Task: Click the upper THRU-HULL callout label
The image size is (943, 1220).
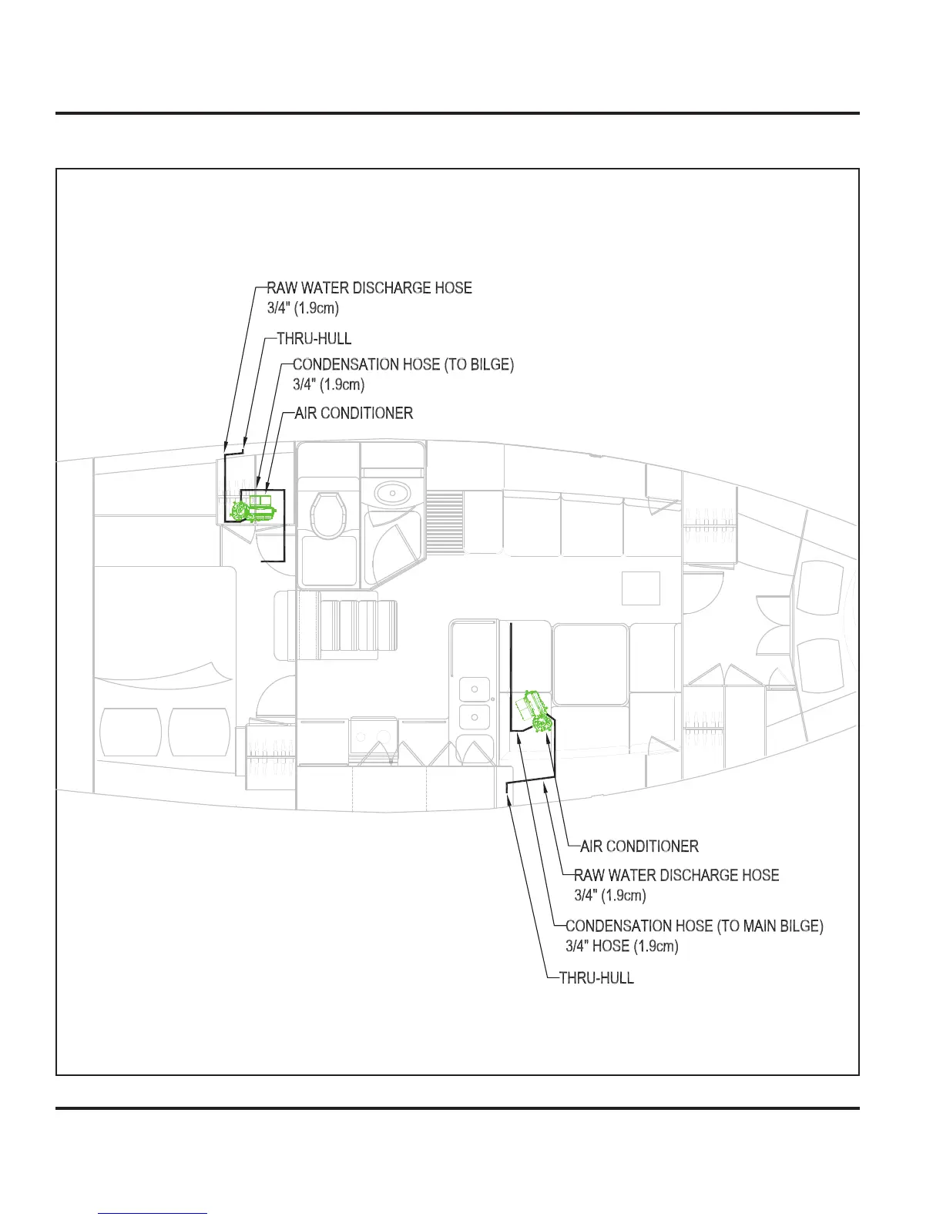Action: [x=314, y=339]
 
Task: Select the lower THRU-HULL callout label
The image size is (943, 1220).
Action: [x=596, y=978]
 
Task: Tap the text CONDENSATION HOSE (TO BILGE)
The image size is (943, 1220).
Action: [x=403, y=364]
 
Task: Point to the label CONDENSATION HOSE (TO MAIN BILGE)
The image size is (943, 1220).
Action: [x=694, y=926]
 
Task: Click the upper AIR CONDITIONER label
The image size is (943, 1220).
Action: [x=354, y=413]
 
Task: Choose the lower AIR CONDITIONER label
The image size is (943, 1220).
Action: [x=639, y=846]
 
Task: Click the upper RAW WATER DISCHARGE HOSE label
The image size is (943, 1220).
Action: [x=369, y=288]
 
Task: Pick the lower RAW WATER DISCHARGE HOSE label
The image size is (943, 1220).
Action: [x=676, y=876]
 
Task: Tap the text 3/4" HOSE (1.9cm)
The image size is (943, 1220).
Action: [x=622, y=946]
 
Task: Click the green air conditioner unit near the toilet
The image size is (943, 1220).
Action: [x=253, y=508]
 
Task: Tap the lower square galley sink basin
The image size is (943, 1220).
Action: [x=475, y=717]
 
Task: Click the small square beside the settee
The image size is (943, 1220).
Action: [x=641, y=588]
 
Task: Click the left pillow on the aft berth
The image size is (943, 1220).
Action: [x=130, y=732]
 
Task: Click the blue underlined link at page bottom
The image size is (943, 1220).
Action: [x=153, y=1214]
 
